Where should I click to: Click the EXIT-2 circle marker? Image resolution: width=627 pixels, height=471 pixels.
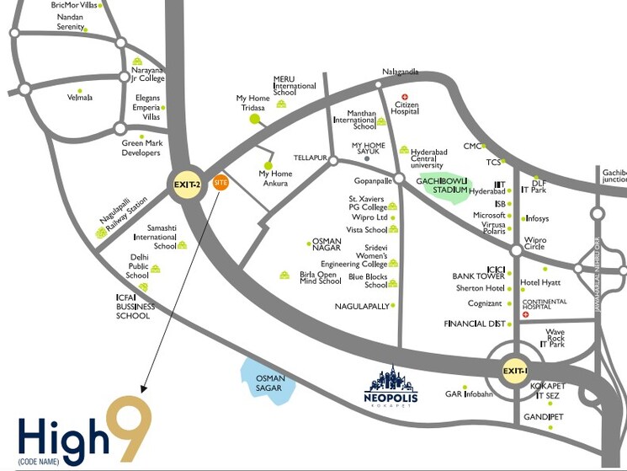pos(187,185)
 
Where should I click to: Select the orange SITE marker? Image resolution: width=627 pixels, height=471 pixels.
pos(221,182)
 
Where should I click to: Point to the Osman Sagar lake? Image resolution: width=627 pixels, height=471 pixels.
pos(268,378)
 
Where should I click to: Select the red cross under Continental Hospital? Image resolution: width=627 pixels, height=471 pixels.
pos(526,314)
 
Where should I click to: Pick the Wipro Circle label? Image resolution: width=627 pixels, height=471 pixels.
pos(535,244)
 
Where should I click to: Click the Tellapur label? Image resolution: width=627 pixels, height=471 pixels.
pos(308,158)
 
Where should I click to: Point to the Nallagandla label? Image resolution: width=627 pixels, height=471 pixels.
pos(400,72)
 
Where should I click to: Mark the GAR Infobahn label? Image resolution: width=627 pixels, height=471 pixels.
pos(468,393)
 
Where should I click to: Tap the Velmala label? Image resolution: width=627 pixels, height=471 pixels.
pos(80,98)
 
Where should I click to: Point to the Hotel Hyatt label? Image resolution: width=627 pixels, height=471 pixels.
pos(540,282)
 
